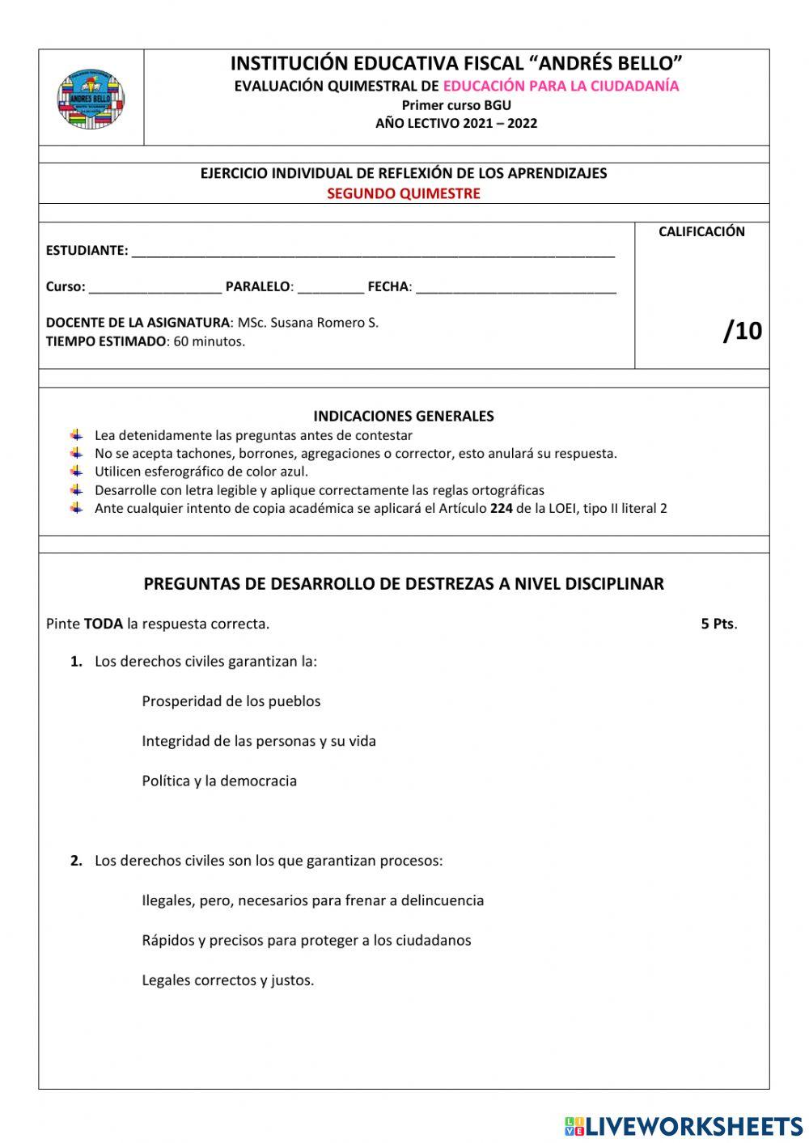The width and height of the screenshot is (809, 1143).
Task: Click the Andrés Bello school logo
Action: click(91, 99)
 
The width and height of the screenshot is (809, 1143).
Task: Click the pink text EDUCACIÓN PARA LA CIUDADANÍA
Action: click(561, 86)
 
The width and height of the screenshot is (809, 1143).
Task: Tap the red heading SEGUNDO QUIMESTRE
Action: click(404, 193)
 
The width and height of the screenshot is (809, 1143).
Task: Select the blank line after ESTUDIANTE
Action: click(372, 252)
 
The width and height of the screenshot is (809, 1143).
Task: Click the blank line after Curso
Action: click(155, 288)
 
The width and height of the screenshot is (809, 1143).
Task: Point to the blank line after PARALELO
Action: click(330, 288)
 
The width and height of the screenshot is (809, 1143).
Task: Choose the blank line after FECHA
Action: click(515, 288)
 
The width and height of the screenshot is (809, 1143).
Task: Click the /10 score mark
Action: click(742, 330)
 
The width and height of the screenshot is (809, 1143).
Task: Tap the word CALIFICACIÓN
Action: click(701, 231)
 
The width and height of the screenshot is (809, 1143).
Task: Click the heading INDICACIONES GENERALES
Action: click(404, 417)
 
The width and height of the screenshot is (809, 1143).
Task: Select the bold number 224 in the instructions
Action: click(501, 509)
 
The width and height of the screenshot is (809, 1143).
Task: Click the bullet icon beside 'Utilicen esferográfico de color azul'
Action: click(77, 471)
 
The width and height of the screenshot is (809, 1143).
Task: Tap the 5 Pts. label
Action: click(718, 624)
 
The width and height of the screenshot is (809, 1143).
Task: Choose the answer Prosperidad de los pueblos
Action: click(231, 701)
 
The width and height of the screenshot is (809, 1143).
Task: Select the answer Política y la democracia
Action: click(219, 781)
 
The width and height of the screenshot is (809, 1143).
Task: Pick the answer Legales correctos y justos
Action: click(227, 980)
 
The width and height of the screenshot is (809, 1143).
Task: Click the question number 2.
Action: click(76, 861)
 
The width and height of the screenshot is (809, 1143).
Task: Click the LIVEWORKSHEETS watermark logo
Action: click(684, 1125)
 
